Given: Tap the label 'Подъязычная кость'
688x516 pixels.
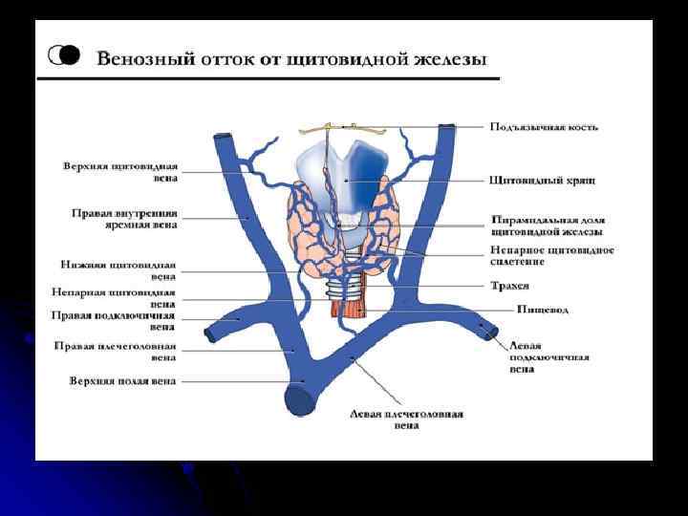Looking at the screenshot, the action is click(544, 128).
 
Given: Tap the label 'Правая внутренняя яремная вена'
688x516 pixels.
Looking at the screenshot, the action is click(124, 219).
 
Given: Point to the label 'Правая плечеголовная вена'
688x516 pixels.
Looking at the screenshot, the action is click(115, 352).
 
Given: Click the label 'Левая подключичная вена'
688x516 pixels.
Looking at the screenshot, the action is click(548, 357).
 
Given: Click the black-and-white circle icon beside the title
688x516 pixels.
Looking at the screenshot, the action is click(65, 54).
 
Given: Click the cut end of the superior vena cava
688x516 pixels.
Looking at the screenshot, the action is click(302, 398).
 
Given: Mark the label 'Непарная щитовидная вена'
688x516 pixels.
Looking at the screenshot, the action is click(114, 297).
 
